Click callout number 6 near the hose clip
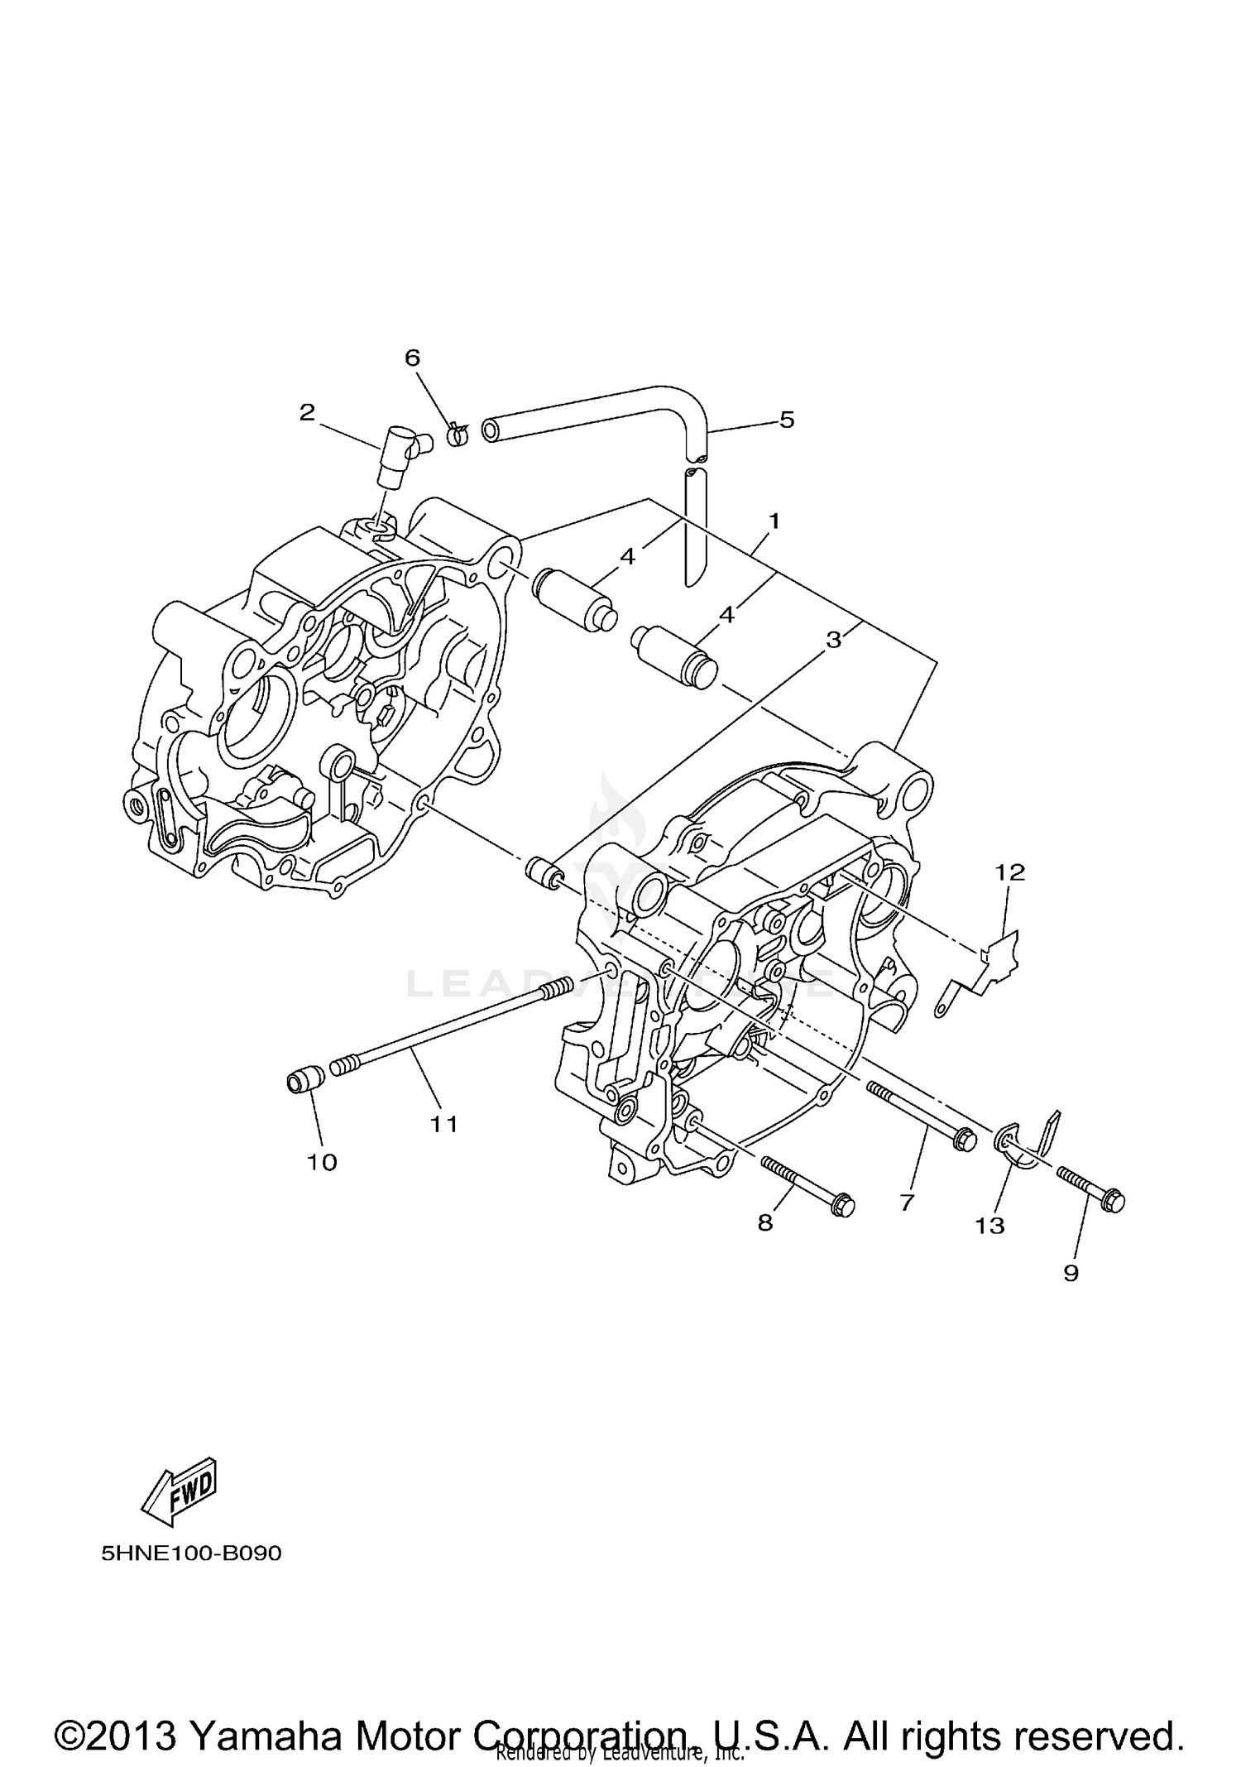(411, 358)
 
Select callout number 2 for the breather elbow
(307, 412)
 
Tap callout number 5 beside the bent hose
(786, 420)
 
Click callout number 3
(833, 639)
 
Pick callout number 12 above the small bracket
(1009, 871)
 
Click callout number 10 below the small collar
(322, 1162)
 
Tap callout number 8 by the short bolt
(765, 1222)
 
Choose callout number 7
(907, 1202)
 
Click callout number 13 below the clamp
(989, 1225)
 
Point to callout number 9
(1071, 1272)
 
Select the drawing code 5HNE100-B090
(191, 1553)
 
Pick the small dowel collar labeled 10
(304, 1081)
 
